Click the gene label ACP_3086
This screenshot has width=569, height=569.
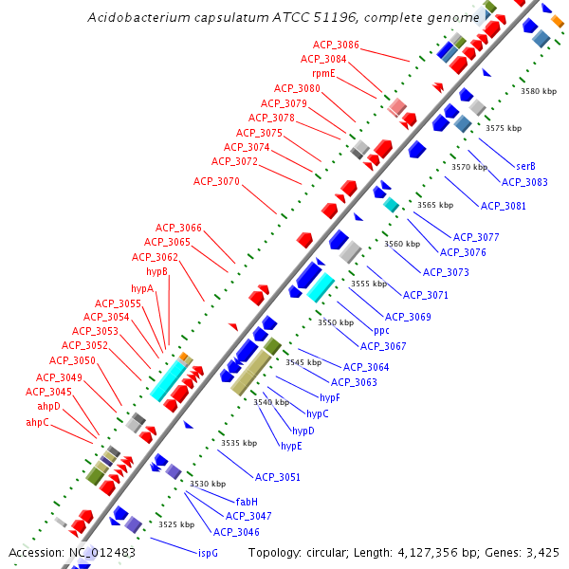click(336, 46)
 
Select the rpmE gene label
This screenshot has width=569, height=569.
click(323, 73)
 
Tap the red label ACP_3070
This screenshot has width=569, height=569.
click(216, 181)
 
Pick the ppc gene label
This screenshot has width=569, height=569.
click(381, 331)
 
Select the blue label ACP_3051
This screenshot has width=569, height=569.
click(277, 477)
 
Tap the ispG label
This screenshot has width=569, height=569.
click(208, 552)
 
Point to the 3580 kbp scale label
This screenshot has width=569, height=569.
click(539, 91)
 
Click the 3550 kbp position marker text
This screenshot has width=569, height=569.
click(335, 322)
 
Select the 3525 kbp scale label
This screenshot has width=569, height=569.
click(175, 523)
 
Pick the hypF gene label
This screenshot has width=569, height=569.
click(330, 397)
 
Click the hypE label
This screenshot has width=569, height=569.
click(291, 445)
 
